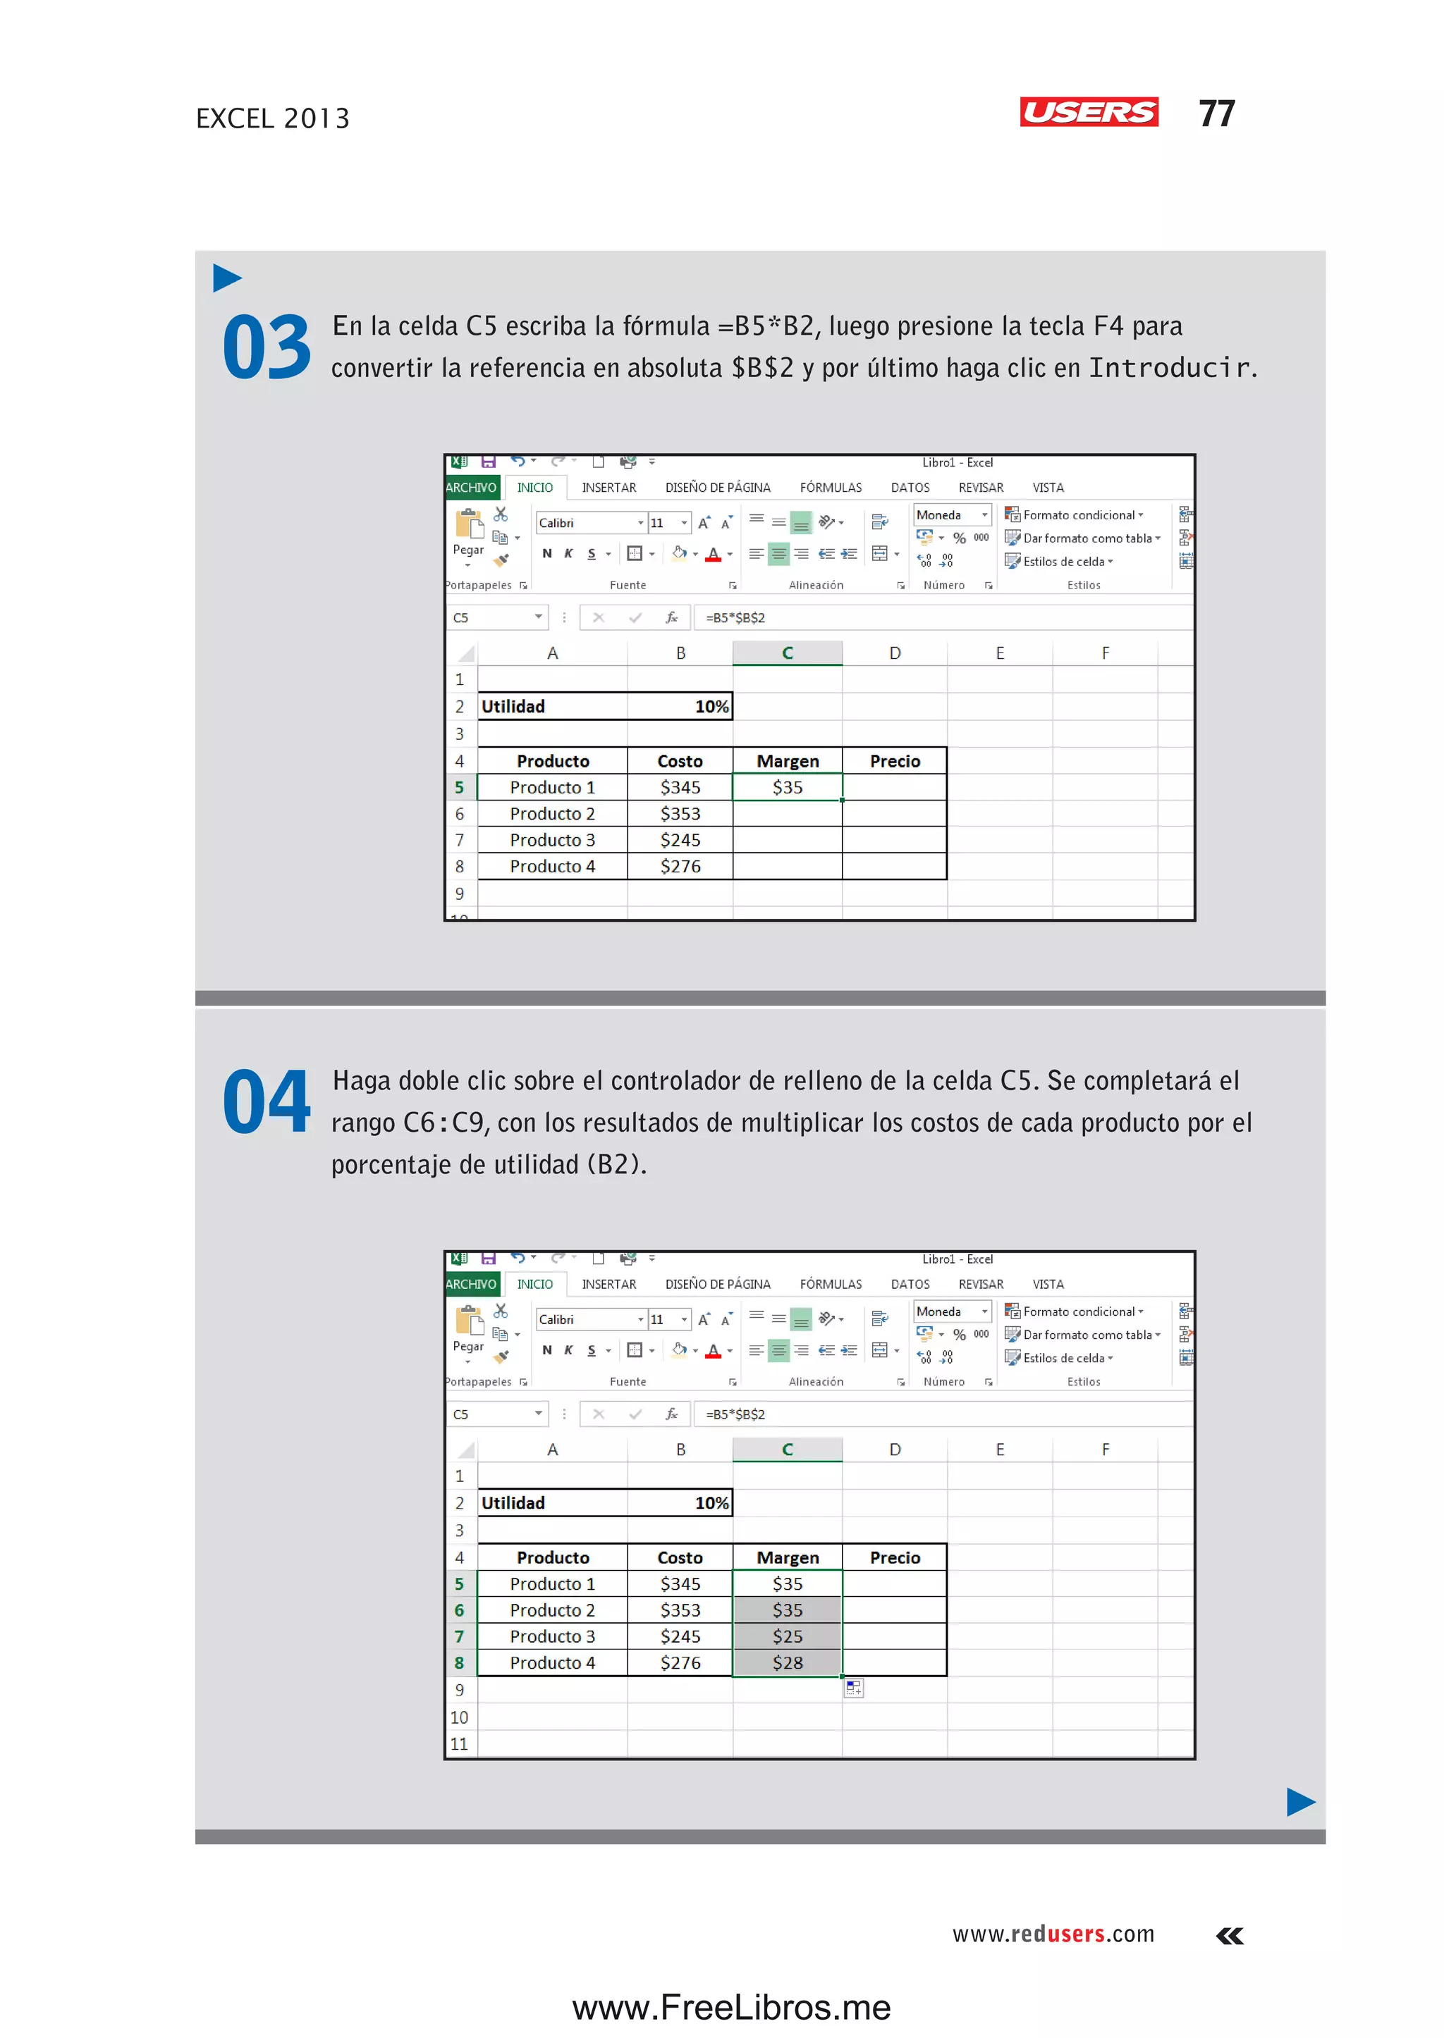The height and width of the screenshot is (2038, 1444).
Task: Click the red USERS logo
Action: click(x=1089, y=112)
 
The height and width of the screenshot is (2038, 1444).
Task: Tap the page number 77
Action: click(x=1216, y=113)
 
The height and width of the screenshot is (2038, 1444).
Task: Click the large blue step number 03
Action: click(x=266, y=347)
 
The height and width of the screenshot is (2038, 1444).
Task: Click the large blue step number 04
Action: click(x=266, y=1102)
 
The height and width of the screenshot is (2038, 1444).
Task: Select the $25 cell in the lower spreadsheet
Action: click(x=787, y=1636)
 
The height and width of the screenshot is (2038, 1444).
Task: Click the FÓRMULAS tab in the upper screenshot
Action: click(x=831, y=488)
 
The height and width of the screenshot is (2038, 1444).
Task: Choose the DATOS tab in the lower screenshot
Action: click(x=910, y=1284)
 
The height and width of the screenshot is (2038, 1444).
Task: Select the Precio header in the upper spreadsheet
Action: click(x=895, y=761)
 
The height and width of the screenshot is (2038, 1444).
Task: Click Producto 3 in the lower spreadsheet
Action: click(x=552, y=1636)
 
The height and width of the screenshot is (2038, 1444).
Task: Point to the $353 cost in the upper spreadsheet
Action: click(x=680, y=814)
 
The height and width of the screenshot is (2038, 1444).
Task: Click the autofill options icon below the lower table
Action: click(x=854, y=1688)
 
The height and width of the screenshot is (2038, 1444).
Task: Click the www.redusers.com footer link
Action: click(x=1053, y=1934)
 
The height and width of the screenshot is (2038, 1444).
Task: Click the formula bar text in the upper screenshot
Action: click(x=735, y=618)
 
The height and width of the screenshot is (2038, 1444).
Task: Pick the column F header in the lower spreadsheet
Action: click(x=1106, y=1450)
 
